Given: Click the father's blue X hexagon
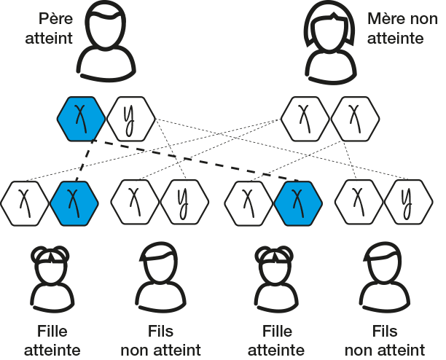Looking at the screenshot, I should [x=82, y=118].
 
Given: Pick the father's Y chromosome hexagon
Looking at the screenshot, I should [x=130, y=118].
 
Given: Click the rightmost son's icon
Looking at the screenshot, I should [x=385, y=275].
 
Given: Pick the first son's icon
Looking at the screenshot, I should [x=160, y=275].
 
